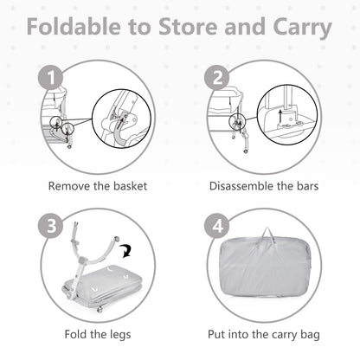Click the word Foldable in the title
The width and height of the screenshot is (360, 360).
pyautogui.click(x=74, y=26)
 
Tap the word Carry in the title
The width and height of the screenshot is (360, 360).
pyautogui.click(x=302, y=28)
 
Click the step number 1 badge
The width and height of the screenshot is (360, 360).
pyautogui.click(x=51, y=77)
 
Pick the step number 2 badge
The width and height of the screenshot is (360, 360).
pyautogui.click(x=217, y=77)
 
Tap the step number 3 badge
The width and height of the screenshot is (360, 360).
pyautogui.click(x=51, y=226)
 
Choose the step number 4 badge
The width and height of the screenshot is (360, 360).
pyautogui.click(x=217, y=226)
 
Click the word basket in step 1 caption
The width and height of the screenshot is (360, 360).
pyautogui.click(x=130, y=186)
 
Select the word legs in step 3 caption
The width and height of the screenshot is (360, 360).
pyautogui.click(x=120, y=335)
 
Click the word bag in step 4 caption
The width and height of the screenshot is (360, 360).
pyautogui.click(x=310, y=335)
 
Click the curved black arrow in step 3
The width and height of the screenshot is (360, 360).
pyautogui.click(x=126, y=250)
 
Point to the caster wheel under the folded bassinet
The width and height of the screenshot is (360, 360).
pyautogui.click(x=100, y=310)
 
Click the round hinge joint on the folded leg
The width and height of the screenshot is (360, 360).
pyautogui.click(x=83, y=260)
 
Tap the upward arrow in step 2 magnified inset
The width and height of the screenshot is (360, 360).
pyautogui.click(x=280, y=116)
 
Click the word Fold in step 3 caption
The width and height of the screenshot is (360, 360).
pyautogui.click(x=75, y=335)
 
